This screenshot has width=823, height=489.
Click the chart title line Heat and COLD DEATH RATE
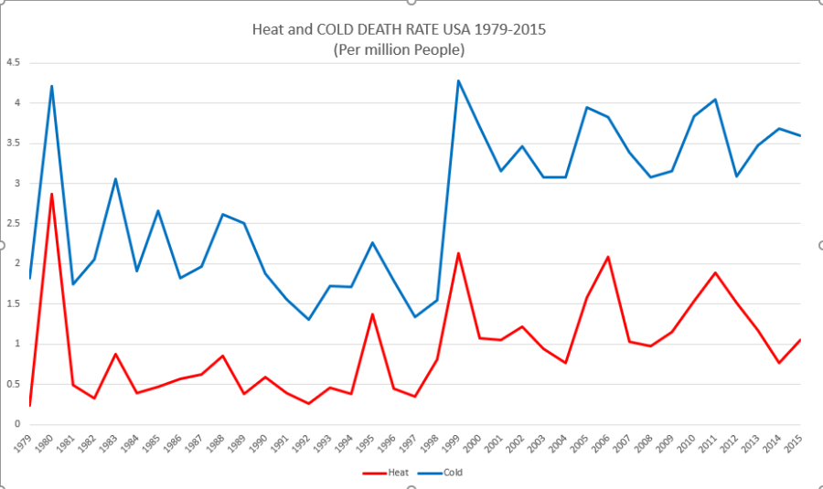click(x=399, y=29)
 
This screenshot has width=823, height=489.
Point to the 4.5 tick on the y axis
click(x=14, y=63)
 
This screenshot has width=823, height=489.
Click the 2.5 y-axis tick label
click(x=14, y=224)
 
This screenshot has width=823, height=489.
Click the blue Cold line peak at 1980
click(x=52, y=86)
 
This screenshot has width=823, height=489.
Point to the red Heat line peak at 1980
click(x=52, y=194)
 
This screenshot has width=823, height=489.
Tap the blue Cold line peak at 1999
click(x=458, y=80)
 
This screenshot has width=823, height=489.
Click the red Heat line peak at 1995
click(x=372, y=314)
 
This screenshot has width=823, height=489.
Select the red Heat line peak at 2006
click(x=608, y=257)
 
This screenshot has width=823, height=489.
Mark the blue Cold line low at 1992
click(x=308, y=319)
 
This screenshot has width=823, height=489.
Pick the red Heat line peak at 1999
click(x=458, y=253)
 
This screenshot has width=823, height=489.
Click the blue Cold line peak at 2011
click(x=715, y=99)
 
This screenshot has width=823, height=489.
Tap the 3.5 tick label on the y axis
click(x=14, y=144)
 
